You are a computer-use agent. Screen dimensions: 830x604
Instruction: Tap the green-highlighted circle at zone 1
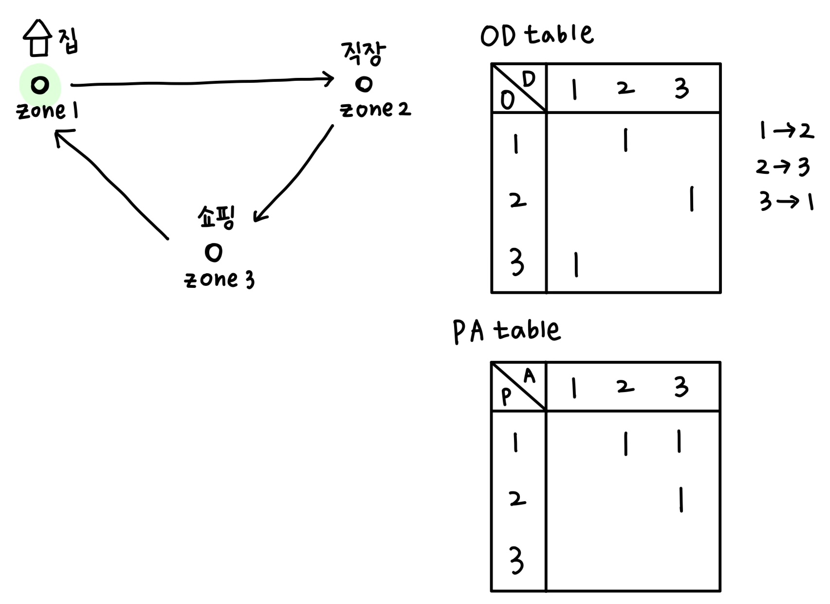tap(40, 85)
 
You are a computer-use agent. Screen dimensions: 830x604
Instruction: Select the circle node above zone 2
tap(364, 84)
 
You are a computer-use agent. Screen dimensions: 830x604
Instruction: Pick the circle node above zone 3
tap(214, 252)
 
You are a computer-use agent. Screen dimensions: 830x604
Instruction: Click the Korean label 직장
tap(363, 53)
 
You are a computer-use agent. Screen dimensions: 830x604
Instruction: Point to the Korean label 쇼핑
tap(216, 217)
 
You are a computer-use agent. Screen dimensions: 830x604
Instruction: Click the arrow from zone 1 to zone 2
tap(202, 82)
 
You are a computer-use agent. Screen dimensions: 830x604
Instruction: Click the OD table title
tap(537, 35)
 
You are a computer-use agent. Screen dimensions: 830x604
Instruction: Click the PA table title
tap(506, 331)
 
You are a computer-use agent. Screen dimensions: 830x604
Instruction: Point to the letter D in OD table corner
tap(529, 79)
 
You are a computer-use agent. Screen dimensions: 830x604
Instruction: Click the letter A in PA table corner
tap(529, 376)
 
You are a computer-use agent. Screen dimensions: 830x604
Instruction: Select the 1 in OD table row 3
tap(576, 264)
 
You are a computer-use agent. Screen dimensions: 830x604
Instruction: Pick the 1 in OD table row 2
tap(691, 199)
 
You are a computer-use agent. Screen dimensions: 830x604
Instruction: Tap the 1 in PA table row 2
tap(681, 500)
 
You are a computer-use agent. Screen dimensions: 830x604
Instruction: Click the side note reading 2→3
tap(782, 167)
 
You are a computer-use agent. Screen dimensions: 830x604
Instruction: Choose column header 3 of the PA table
tap(681, 387)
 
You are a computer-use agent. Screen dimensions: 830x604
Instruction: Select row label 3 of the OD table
tap(516, 262)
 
